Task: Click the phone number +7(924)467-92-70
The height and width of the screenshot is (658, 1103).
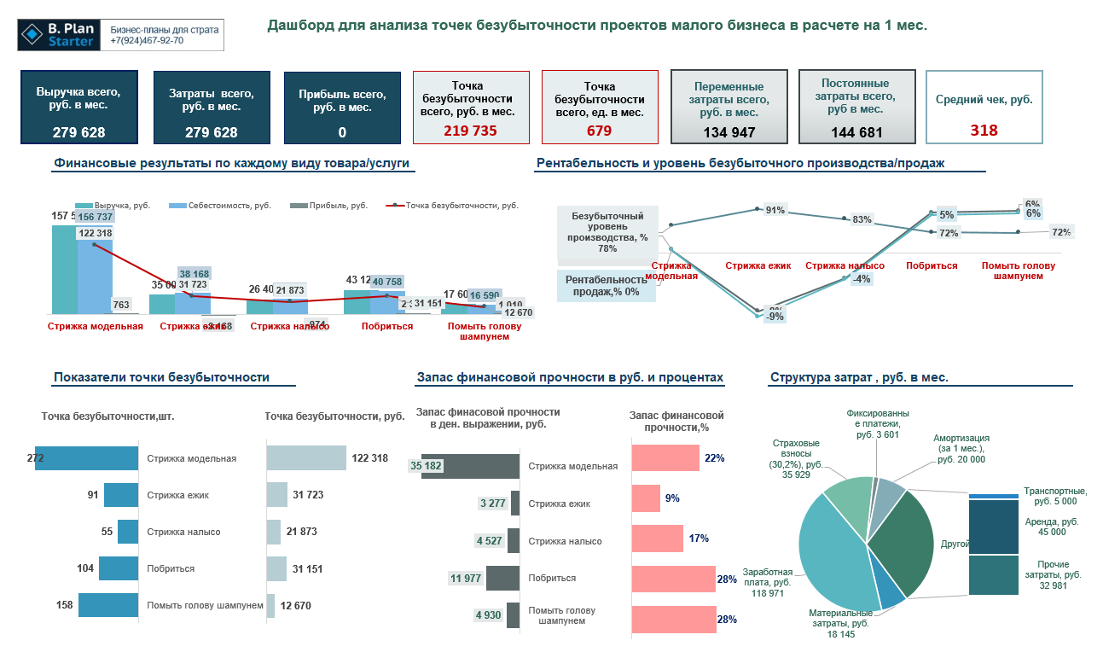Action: pyautogui.click(x=147, y=40)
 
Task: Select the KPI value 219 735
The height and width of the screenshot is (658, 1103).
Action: pyautogui.click(x=470, y=131)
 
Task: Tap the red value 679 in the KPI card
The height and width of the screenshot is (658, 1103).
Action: pyautogui.click(x=599, y=131)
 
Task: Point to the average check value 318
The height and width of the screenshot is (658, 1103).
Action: pyautogui.click(x=984, y=130)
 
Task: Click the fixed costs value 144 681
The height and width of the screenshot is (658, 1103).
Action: pyautogui.click(x=856, y=132)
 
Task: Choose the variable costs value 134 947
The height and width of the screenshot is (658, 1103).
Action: pyautogui.click(x=729, y=132)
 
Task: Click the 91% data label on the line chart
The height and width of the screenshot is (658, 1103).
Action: pyautogui.click(x=775, y=211)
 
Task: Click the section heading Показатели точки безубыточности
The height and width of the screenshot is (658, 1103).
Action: pyautogui.click(x=161, y=377)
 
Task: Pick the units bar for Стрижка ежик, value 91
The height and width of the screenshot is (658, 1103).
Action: pyautogui.click(x=120, y=495)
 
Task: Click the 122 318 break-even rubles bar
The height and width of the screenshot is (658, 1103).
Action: pyautogui.click(x=306, y=458)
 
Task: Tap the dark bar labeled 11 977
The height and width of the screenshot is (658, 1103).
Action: pyautogui.click(x=502, y=578)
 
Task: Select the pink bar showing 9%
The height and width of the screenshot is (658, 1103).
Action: pyautogui.click(x=646, y=498)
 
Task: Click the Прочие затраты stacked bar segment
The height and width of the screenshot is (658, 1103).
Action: pyautogui.click(x=994, y=575)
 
